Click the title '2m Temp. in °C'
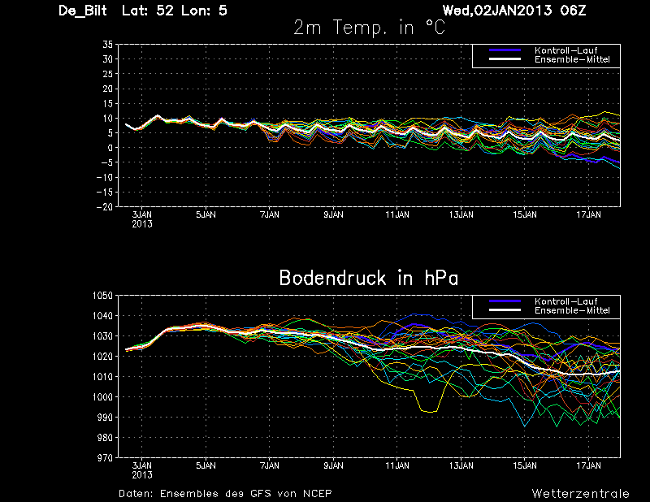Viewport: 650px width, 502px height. pyautogui.click(x=369, y=28)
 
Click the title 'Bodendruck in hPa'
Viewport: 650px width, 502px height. pyautogui.click(x=368, y=278)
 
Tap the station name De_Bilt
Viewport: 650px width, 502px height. pyautogui.click(x=84, y=11)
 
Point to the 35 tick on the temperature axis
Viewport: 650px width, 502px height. pyautogui.click(x=106, y=45)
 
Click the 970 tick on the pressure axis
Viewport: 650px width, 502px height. pyautogui.click(x=104, y=458)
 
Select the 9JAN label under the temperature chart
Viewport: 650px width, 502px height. pyautogui.click(x=333, y=215)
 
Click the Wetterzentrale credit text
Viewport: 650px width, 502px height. pyautogui.click(x=580, y=493)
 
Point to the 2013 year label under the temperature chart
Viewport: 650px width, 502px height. pyautogui.click(x=142, y=223)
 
